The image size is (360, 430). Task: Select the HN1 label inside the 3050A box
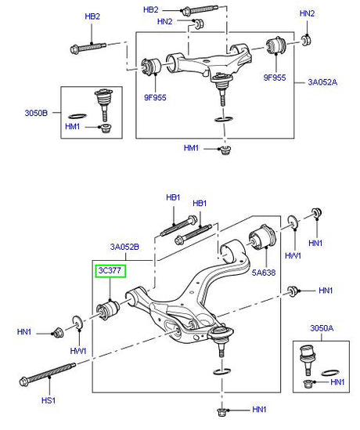pyautogui.click(x=338, y=381)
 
